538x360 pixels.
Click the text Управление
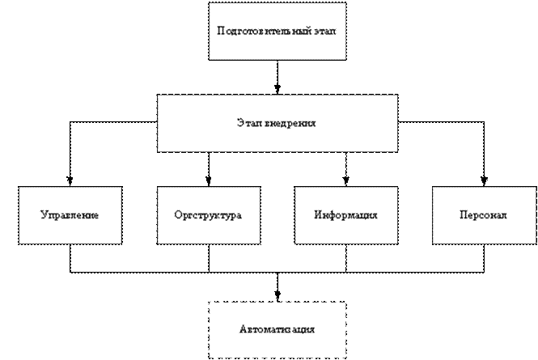click(70, 217)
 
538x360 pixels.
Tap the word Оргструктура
click(208, 217)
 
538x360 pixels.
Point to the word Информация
click(345, 217)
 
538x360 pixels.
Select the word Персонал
click(483, 217)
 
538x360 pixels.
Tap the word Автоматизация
click(277, 330)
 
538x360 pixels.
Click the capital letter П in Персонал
click(464, 217)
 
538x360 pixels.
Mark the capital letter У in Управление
click(44, 217)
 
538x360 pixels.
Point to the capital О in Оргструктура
click(178, 217)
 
